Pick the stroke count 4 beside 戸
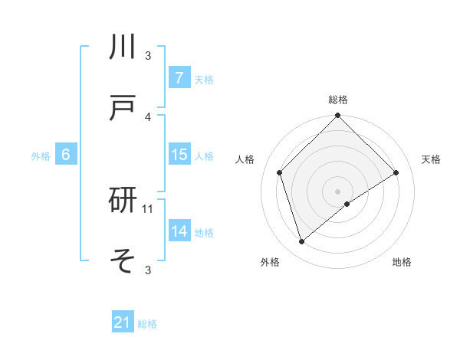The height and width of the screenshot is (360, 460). click(x=148, y=116)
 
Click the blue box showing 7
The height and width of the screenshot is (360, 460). click(x=179, y=77)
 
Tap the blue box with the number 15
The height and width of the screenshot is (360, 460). click(x=179, y=155)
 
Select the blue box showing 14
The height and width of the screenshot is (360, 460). click(x=179, y=231)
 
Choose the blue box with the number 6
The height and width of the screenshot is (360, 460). click(x=66, y=155)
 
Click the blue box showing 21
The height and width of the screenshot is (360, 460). click(x=123, y=322)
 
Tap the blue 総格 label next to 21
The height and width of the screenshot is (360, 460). click(x=147, y=324)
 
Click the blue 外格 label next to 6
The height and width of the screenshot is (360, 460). click(x=41, y=156)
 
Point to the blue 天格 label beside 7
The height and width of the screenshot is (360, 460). click(x=204, y=79)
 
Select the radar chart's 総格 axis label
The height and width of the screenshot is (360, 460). click(x=338, y=100)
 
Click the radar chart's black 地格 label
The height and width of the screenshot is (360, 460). click(x=402, y=262)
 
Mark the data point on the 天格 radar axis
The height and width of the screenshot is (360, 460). click(x=396, y=173)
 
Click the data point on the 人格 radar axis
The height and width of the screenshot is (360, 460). click(x=280, y=172)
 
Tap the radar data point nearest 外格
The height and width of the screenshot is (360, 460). click(x=302, y=242)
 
